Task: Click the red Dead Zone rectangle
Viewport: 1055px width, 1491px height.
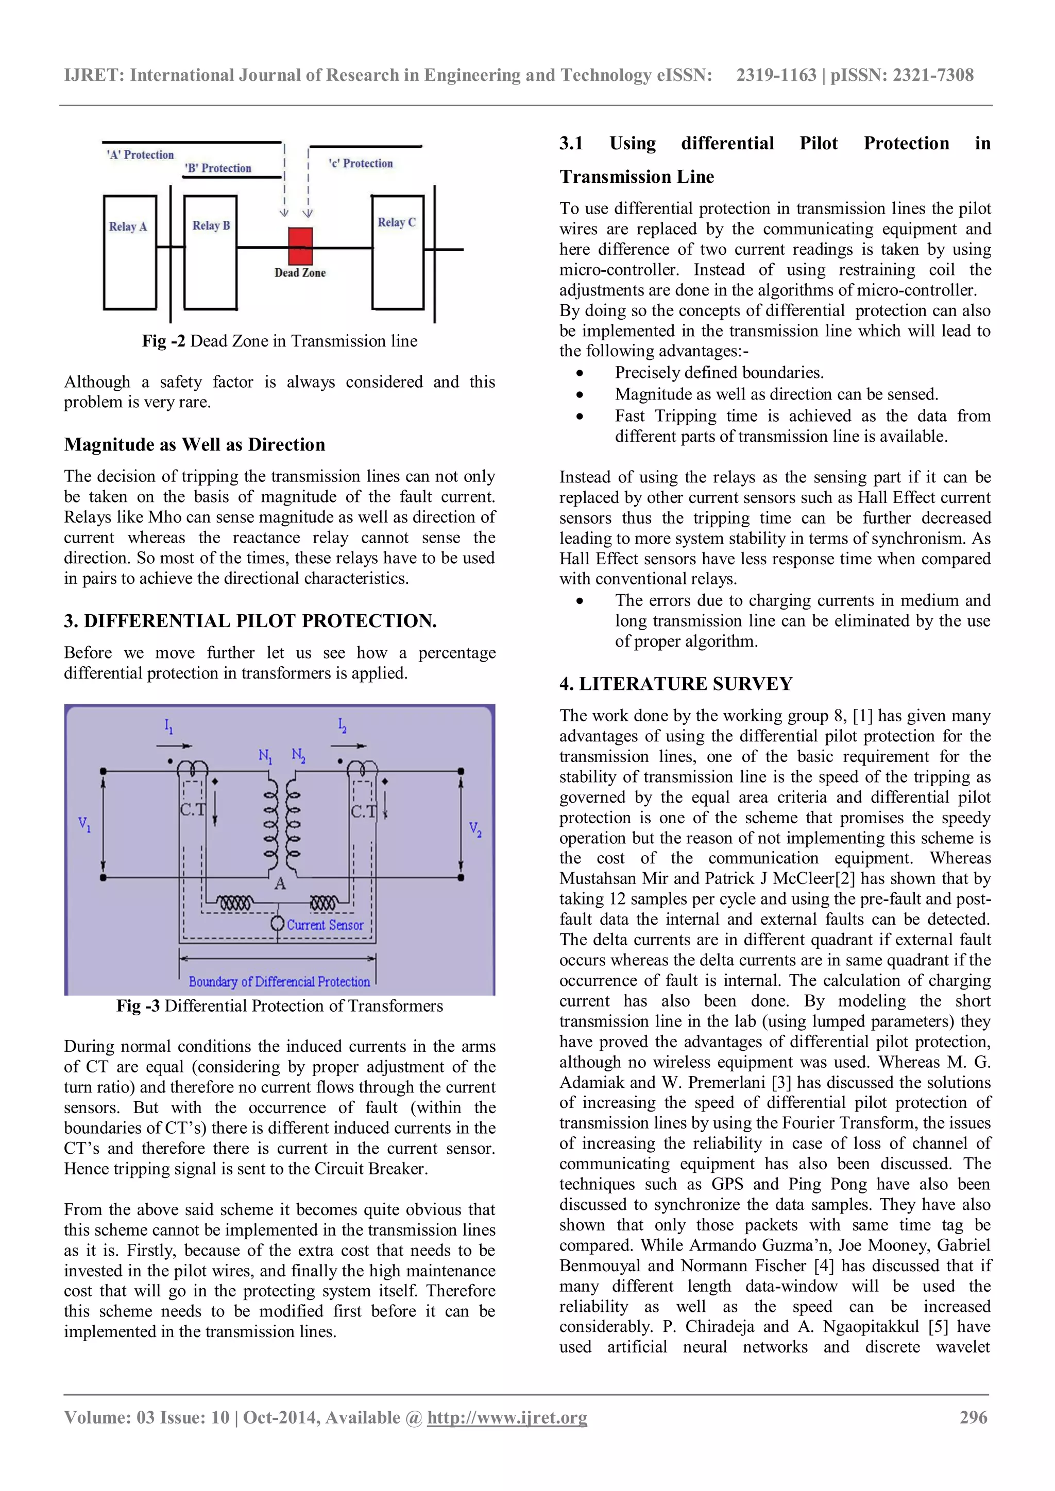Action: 300,246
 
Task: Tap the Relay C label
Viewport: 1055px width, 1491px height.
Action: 396,222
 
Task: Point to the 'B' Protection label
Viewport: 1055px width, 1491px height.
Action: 217,168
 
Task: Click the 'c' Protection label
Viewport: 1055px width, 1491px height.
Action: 361,164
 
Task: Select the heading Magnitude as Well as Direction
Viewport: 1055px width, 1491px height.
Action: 194,445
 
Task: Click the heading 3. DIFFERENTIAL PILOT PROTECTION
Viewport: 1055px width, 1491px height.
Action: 250,621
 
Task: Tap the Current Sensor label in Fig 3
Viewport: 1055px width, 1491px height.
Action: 325,925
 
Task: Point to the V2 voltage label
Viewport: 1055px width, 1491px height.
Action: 475,829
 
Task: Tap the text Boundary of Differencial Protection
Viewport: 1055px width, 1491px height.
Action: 279,981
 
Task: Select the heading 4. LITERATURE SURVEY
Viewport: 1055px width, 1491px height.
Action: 676,684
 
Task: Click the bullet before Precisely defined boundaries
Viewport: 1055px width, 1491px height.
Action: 580,373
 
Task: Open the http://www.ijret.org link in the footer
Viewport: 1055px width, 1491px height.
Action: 507,1417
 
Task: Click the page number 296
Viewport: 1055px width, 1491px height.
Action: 973,1417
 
